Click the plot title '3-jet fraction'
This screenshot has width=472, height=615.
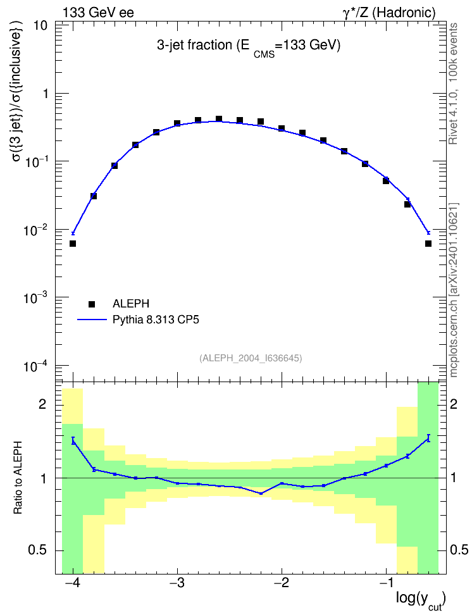coord(194,45)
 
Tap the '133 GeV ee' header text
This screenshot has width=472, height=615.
coord(98,13)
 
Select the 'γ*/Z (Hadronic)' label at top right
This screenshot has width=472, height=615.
coord(389,13)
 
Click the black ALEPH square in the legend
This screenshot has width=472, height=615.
coord(92,304)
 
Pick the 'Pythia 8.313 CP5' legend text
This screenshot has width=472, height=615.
coord(156,320)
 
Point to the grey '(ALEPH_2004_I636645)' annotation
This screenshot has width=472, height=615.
coord(251,358)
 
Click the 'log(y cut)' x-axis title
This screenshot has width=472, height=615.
coord(421,600)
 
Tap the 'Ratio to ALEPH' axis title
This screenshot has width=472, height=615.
coord(18,477)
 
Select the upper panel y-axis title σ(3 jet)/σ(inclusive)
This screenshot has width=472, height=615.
coord(18,91)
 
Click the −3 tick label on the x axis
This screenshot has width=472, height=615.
coord(177,583)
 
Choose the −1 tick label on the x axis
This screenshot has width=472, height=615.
coord(386,583)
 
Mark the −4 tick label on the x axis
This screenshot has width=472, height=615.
coord(73,583)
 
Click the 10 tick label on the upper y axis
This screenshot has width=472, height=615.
coord(40,26)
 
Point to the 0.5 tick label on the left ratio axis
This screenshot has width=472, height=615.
coord(37,550)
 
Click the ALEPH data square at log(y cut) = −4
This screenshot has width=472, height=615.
coord(73,244)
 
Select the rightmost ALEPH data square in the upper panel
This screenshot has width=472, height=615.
coord(428,244)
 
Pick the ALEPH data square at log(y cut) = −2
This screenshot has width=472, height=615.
coord(282,128)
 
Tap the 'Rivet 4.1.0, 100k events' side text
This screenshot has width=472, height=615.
coord(453,84)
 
